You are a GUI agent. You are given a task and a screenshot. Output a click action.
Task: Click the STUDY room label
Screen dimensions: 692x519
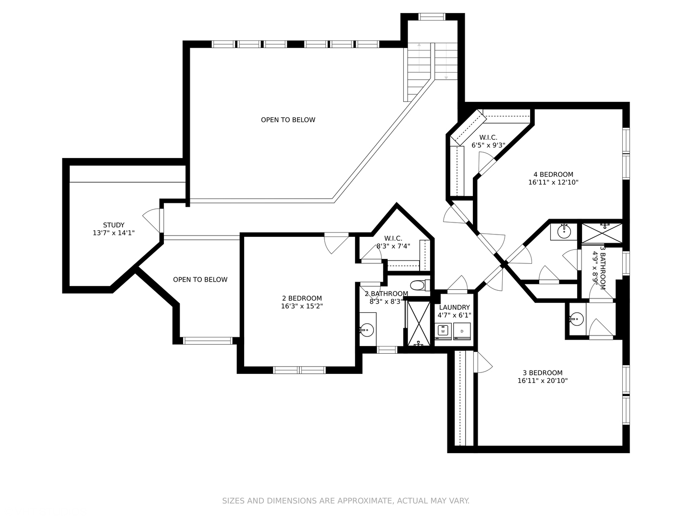[x=113, y=225]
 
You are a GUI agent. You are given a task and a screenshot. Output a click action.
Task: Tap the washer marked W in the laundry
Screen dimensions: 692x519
[x=443, y=331]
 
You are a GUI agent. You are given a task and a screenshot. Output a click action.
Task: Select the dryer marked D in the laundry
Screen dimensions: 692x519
[x=462, y=331]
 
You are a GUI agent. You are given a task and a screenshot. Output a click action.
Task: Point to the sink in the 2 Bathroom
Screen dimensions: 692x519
[x=367, y=330]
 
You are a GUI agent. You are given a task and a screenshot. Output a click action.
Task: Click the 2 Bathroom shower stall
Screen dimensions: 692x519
[x=419, y=323]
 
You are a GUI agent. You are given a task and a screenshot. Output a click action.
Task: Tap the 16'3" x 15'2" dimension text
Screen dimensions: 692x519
[x=302, y=306]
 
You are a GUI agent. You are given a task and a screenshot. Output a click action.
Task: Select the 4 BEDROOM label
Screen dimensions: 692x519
[x=553, y=174]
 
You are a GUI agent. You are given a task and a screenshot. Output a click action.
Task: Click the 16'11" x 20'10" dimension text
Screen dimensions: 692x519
[x=543, y=380]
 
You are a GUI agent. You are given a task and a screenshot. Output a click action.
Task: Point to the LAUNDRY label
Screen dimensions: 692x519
[x=454, y=307]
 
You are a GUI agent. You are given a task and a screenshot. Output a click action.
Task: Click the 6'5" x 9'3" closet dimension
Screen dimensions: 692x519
[x=488, y=145]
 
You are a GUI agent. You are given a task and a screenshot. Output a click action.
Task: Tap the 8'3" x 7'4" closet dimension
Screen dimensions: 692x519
[x=393, y=246]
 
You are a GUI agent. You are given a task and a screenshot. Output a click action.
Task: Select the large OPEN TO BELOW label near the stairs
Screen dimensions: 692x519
[x=288, y=120]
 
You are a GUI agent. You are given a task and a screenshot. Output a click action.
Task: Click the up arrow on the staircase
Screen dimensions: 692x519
[x=419, y=58]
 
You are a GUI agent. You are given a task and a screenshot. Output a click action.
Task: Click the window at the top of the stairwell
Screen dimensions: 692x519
[x=432, y=17]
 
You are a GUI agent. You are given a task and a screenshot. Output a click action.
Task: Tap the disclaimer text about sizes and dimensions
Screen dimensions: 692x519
[x=346, y=501]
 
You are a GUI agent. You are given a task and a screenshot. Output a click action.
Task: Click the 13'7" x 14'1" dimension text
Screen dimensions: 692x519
[x=113, y=233]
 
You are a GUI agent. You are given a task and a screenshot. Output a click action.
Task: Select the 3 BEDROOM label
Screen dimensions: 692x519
[x=543, y=372]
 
